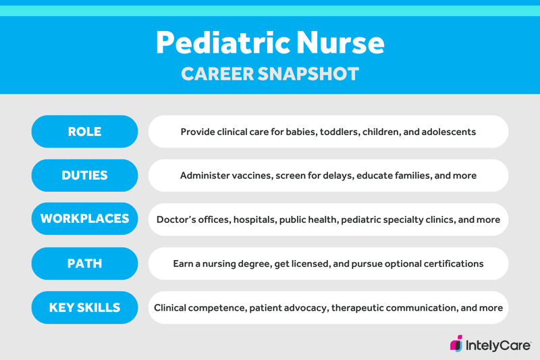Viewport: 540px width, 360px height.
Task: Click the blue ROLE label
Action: coord(84,132)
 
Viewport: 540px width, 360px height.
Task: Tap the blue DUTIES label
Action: coord(84,176)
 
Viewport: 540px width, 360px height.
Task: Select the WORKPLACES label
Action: coord(84,220)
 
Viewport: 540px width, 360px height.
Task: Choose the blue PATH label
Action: coord(84,263)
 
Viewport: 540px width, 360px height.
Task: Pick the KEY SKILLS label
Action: coord(84,308)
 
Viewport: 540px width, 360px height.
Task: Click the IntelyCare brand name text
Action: coord(498,345)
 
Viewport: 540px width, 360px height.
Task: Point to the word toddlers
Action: coord(335,132)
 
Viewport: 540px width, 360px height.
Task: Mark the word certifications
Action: coord(450,263)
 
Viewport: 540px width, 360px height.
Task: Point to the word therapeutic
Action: coord(363,308)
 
